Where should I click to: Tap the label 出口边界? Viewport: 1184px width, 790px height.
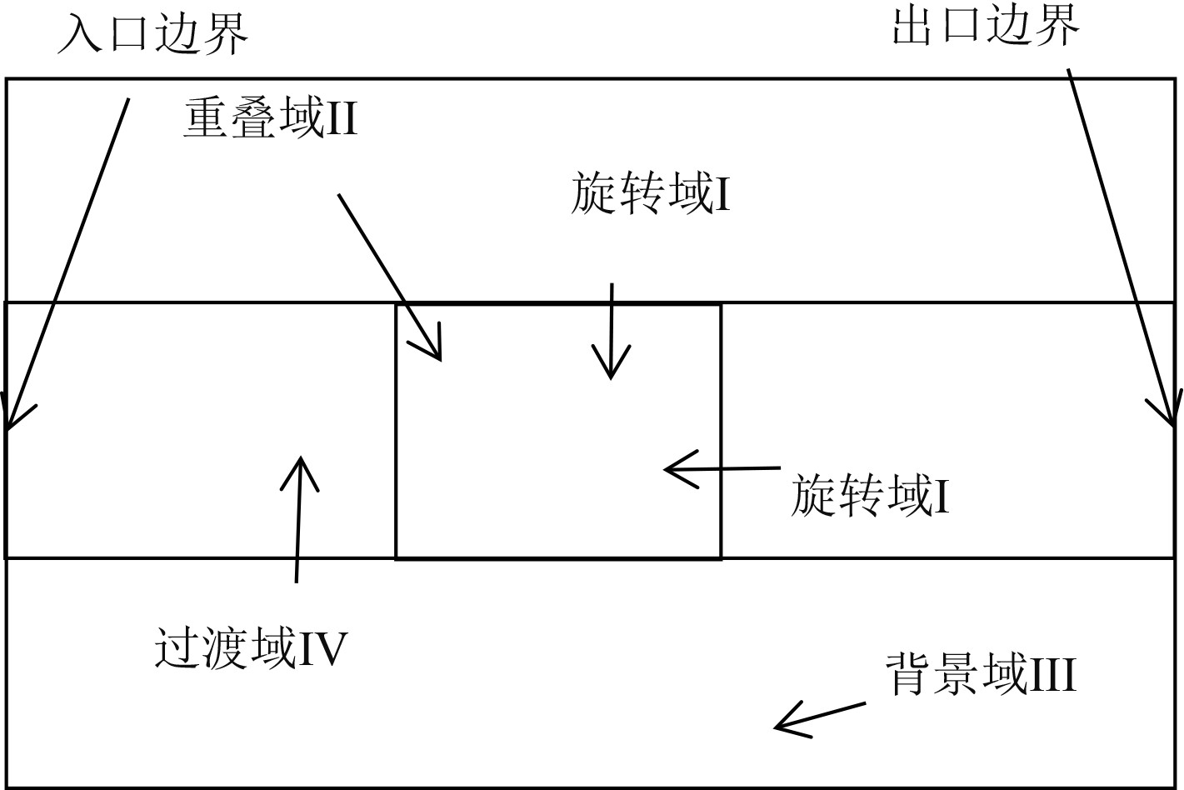tap(986, 25)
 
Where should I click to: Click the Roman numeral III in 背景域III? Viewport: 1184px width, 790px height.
tap(1051, 675)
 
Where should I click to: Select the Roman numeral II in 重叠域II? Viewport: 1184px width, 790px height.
tap(340, 119)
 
